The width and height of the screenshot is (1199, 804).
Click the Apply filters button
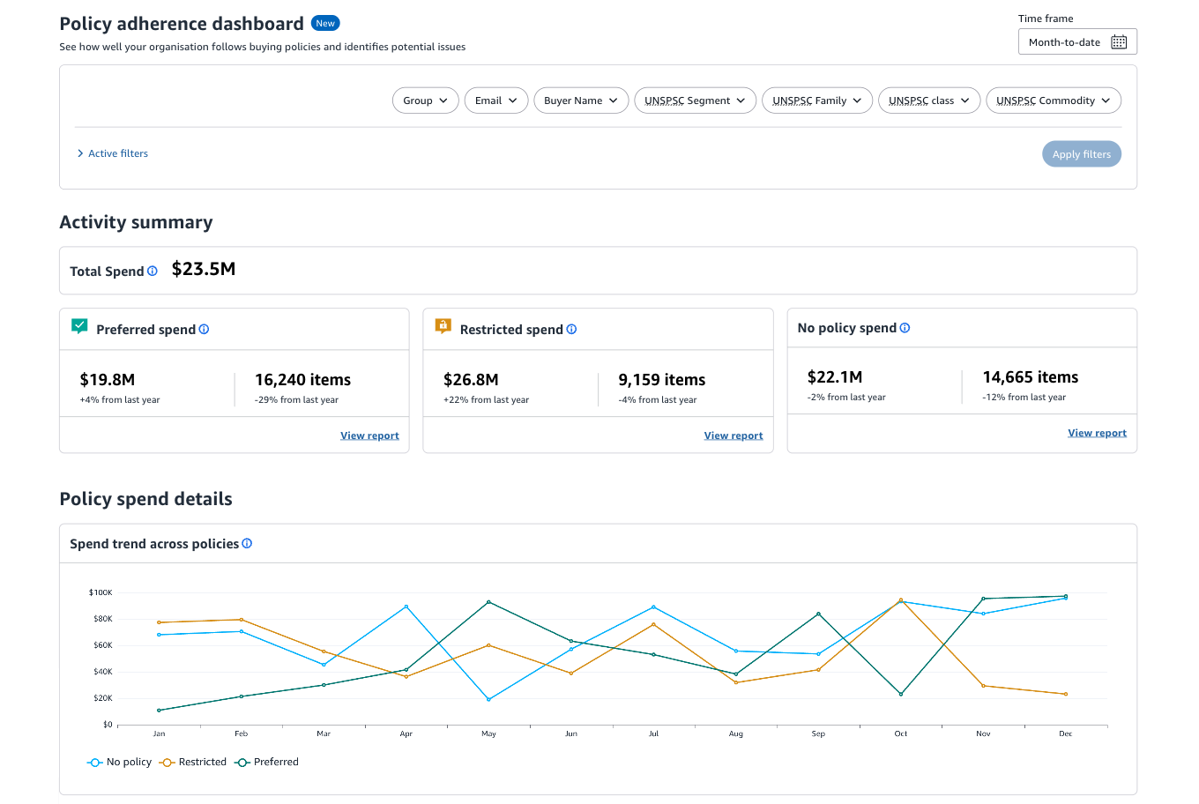click(x=1081, y=154)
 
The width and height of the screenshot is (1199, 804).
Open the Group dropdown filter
click(x=425, y=100)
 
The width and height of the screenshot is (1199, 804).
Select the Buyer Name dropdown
click(x=580, y=100)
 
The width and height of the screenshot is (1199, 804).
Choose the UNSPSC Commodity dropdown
click(x=1053, y=100)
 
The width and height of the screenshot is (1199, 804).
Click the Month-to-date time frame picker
click(x=1076, y=42)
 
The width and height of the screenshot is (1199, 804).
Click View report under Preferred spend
click(x=369, y=435)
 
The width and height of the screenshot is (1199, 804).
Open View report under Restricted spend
click(x=733, y=435)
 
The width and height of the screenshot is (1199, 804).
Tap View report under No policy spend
click(x=1097, y=433)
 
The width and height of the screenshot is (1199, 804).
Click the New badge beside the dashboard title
click(x=325, y=24)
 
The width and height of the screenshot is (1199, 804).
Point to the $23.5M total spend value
click(x=204, y=270)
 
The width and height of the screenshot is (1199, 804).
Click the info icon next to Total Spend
click(x=153, y=272)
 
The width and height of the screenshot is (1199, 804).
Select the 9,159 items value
click(x=661, y=380)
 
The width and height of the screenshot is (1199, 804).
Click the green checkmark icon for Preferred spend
click(x=79, y=326)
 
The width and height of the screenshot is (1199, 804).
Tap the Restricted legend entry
click(x=193, y=762)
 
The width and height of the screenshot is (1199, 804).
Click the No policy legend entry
click(x=120, y=762)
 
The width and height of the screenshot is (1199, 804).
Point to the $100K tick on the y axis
click(x=101, y=592)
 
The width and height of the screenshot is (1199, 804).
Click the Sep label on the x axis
click(x=818, y=733)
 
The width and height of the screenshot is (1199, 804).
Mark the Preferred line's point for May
click(x=488, y=602)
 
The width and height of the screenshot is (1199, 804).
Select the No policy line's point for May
click(x=488, y=699)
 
